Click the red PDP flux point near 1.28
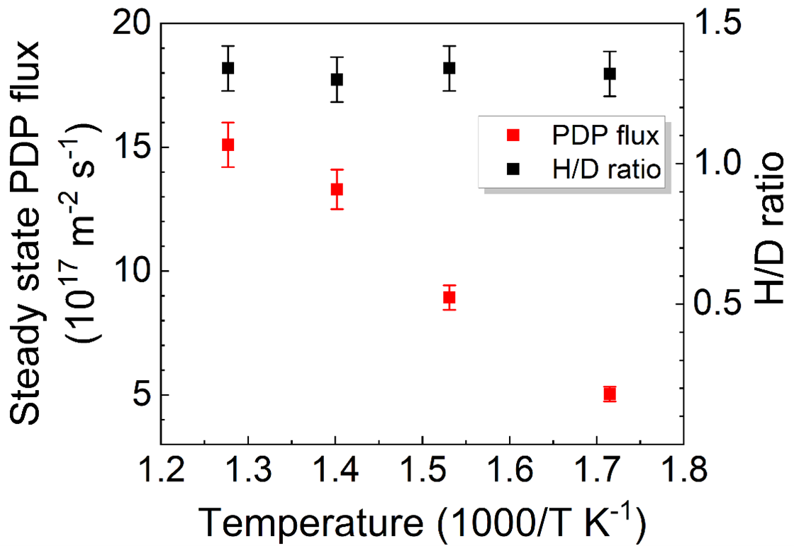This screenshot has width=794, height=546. (x=228, y=145)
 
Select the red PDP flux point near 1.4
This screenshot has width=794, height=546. (x=337, y=189)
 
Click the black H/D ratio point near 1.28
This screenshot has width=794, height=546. (x=228, y=68)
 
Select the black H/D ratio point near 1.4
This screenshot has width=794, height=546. (x=337, y=79)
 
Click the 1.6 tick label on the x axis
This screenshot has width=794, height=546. (x=509, y=469)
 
